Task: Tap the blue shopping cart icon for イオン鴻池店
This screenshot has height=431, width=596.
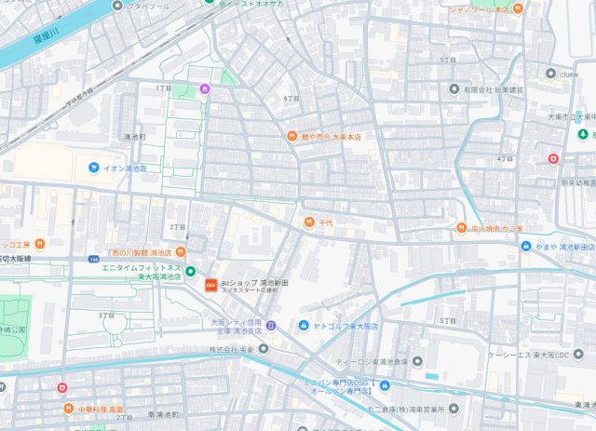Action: (94, 168)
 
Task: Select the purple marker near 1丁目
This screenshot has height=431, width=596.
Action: (205, 89)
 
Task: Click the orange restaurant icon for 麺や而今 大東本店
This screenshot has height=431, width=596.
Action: (291, 136)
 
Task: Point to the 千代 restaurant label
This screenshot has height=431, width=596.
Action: (326, 222)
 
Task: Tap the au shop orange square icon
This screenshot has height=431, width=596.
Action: (211, 283)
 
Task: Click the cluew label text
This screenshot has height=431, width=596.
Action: (569, 74)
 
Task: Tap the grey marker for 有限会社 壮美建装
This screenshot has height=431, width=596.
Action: (457, 89)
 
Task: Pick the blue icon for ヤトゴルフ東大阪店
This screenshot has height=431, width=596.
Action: (304, 326)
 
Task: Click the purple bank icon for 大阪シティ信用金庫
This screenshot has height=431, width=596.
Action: (270, 325)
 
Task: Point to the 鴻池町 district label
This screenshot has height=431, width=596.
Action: (134, 137)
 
